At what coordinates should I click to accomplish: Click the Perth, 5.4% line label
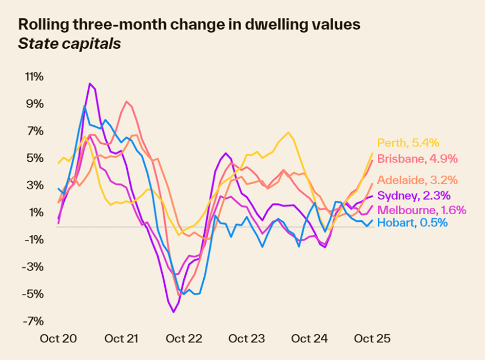click(409, 143)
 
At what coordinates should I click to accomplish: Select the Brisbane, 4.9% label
click(417, 158)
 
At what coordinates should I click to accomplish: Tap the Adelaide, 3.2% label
click(417, 180)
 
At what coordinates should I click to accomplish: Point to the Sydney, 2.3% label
click(414, 195)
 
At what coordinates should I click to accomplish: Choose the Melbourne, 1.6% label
click(421, 210)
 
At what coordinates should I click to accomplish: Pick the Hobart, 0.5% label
click(412, 223)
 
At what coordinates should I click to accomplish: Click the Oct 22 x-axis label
click(184, 339)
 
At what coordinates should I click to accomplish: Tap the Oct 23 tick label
click(246, 339)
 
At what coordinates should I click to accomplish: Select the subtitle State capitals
click(69, 44)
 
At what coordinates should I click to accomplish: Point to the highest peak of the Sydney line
click(90, 83)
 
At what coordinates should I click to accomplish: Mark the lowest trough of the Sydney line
click(173, 312)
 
